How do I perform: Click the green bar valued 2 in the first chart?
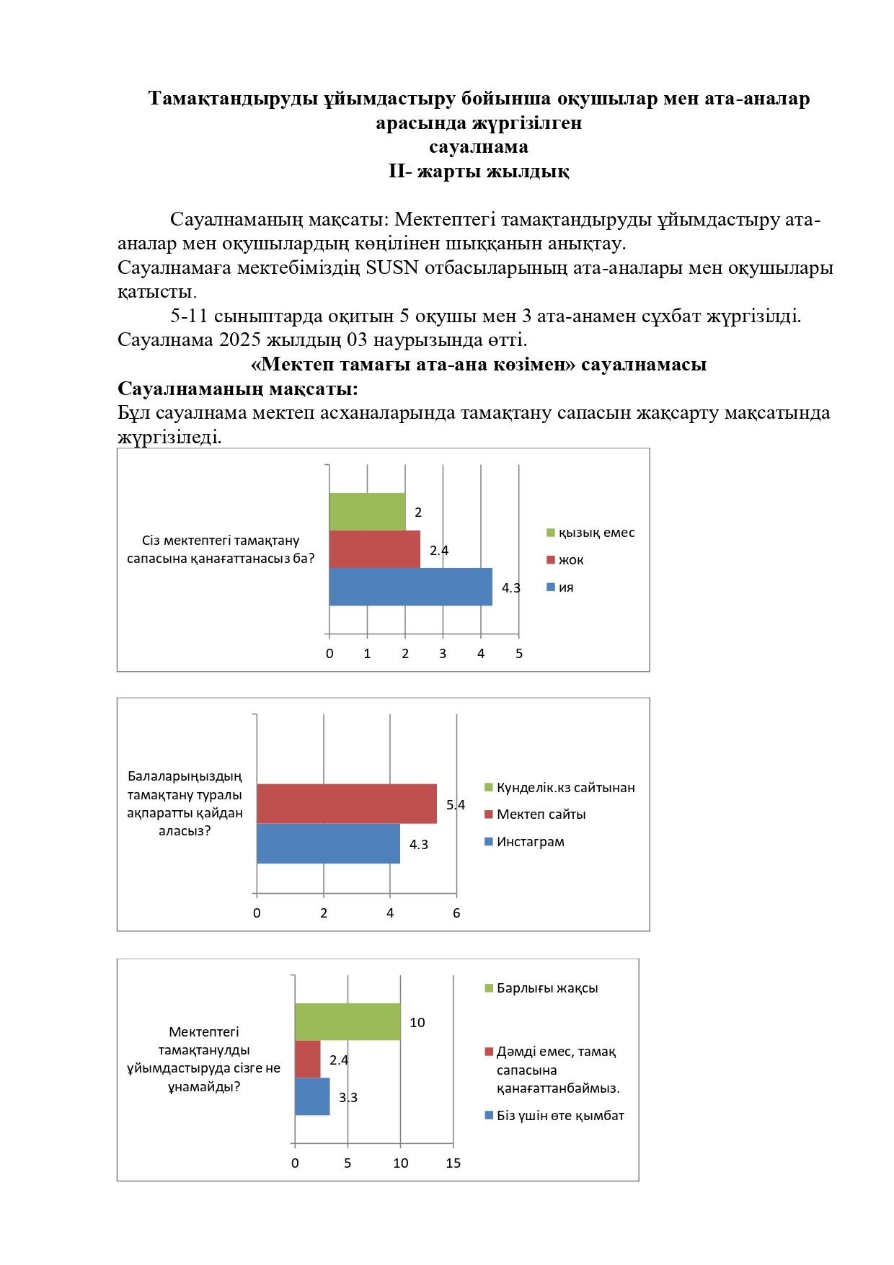point(367,512)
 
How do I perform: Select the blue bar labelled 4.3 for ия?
point(410,587)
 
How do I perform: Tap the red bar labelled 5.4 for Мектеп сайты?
point(346,803)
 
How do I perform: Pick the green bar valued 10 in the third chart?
point(347,1021)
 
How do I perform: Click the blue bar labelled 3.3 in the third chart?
point(311,1096)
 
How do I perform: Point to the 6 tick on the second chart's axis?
point(456,913)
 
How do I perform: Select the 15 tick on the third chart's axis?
point(453,1163)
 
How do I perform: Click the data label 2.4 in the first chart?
point(439,551)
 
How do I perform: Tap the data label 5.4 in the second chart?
point(456,805)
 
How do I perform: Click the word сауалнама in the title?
point(479,147)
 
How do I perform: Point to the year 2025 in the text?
point(241,339)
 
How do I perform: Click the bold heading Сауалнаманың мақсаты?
point(238,389)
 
